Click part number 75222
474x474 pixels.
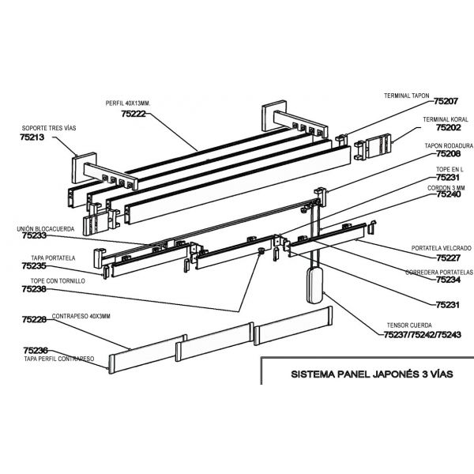coord(134,114)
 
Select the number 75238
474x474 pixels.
coord(35,290)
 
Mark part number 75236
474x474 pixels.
coord(36,350)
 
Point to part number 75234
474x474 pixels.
coord(449,280)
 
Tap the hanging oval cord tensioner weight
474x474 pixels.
coord(314,284)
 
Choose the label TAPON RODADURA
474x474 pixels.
coord(449,146)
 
